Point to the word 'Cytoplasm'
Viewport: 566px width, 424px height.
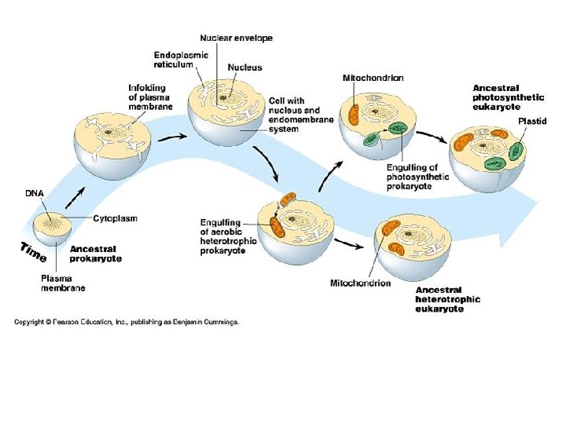pyautogui.click(x=115, y=219)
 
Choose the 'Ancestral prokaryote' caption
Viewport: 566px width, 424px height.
pyautogui.click(x=96, y=254)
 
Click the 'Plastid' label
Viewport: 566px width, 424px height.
pyautogui.click(x=531, y=122)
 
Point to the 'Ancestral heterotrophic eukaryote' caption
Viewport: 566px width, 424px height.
pyautogui.click(x=448, y=299)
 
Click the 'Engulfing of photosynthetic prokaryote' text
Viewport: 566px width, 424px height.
pyautogui.click(x=417, y=177)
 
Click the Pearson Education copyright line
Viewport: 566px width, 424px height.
pyautogui.click(x=126, y=322)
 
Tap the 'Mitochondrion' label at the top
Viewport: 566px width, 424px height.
pyautogui.click(x=373, y=78)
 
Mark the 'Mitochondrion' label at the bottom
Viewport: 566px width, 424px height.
pyautogui.click(x=360, y=283)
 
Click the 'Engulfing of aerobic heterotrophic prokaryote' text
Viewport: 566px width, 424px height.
pyautogui.click(x=228, y=236)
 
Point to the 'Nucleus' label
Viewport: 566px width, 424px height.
pyautogui.click(x=244, y=68)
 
